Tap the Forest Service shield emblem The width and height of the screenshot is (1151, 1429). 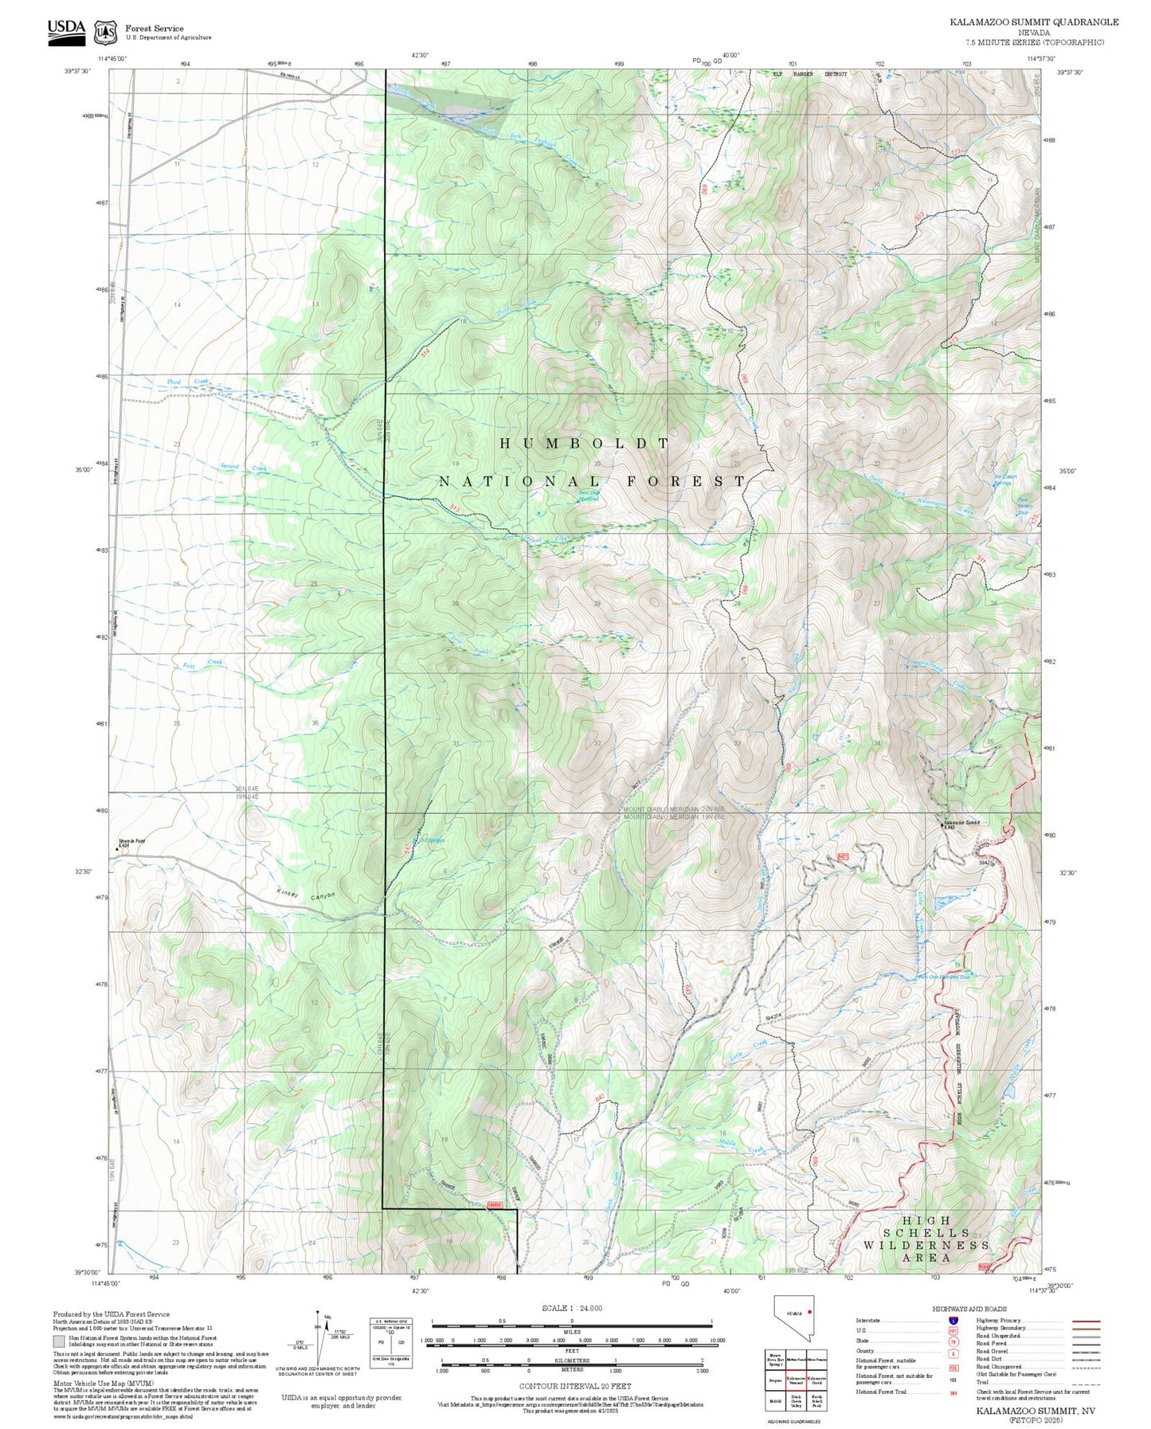[x=105, y=32]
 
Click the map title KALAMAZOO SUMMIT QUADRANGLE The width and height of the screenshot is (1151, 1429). [x=1033, y=22]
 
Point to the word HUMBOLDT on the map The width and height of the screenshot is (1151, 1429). [x=585, y=444]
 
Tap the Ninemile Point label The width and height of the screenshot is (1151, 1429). [x=131, y=841]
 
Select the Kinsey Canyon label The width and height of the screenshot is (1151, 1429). [x=306, y=895]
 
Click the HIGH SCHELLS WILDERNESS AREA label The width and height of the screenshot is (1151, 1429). [x=926, y=1239]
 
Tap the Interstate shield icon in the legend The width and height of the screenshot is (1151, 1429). [x=953, y=1321]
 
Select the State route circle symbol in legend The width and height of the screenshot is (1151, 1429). [x=953, y=1341]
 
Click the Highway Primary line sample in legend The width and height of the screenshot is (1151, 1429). [x=1086, y=1321]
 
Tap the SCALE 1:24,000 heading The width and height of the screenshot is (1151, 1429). [x=572, y=1308]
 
